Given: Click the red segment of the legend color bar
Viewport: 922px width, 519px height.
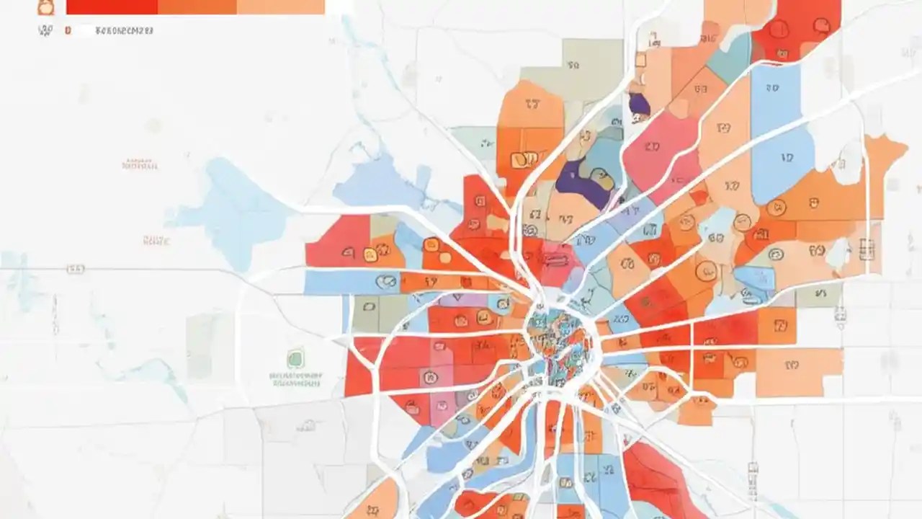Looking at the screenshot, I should (112, 6).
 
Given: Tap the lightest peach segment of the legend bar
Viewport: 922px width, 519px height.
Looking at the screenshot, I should (280, 6).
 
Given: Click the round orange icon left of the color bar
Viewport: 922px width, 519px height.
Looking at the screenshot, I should (45, 7).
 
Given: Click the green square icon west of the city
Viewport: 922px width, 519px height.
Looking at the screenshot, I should (295, 358).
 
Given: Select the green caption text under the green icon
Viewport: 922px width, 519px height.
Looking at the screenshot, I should (296, 379).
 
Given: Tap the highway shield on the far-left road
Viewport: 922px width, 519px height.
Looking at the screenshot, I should (76, 269).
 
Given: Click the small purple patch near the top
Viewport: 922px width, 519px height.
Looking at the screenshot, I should (638, 105).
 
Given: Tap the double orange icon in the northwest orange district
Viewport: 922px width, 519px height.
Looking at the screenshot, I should (524, 159).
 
